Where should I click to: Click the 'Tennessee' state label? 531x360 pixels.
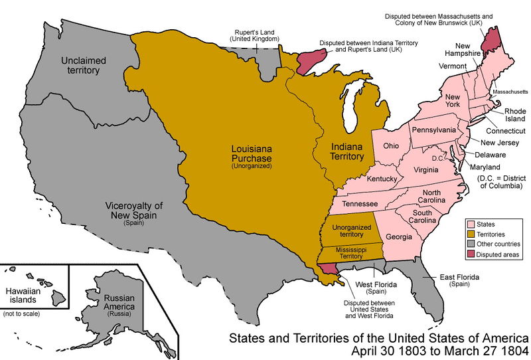[359, 203]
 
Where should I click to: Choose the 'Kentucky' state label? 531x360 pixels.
[382, 180]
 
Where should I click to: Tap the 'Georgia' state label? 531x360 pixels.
[398, 236]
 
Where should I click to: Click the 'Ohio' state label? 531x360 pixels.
[391, 145]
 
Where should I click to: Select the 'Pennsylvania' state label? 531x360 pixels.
[433, 130]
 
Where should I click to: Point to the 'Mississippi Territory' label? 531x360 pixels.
[348, 252]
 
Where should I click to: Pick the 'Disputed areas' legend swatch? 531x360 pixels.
[471, 254]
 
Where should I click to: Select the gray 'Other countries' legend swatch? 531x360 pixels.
[471, 244]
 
